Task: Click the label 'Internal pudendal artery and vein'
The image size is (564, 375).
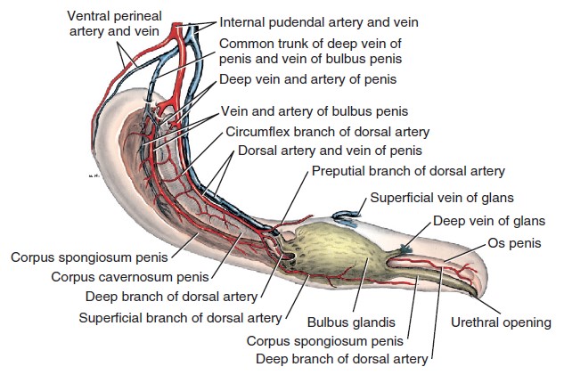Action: [319, 22]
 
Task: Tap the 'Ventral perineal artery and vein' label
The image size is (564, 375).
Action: [114, 23]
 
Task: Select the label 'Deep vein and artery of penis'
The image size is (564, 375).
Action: [308, 79]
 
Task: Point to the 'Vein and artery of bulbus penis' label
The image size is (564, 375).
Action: [315, 111]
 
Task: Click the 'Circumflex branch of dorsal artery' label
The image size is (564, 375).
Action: [328, 132]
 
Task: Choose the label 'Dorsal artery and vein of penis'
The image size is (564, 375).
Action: [330, 151]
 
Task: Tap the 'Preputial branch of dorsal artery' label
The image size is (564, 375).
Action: [408, 171]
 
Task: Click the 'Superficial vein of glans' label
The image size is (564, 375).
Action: [442, 198]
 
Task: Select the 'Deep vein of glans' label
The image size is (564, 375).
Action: [489, 220]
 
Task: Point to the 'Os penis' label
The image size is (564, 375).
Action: [514, 243]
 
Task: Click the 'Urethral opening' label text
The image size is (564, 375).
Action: [501, 322]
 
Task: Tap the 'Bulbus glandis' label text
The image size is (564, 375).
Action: [351, 322]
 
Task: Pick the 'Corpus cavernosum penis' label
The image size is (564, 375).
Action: [130, 277]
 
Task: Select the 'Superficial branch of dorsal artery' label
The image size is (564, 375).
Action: [180, 318]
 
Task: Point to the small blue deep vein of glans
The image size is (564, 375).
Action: [405, 249]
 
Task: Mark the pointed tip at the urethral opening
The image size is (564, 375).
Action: [476, 296]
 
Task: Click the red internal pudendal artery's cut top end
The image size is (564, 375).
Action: [176, 25]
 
